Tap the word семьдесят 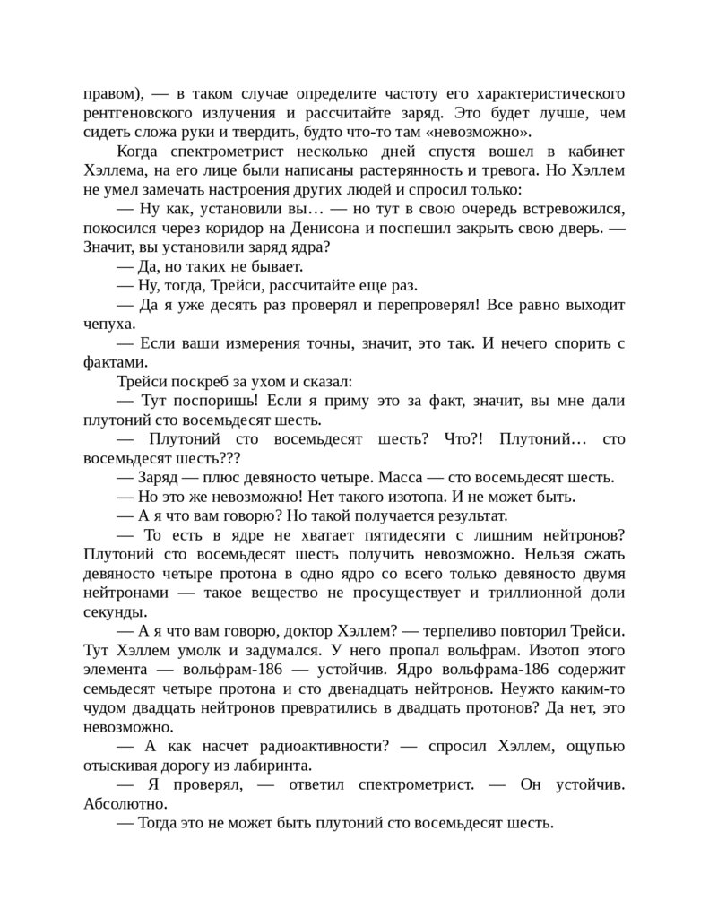click(122, 690)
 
